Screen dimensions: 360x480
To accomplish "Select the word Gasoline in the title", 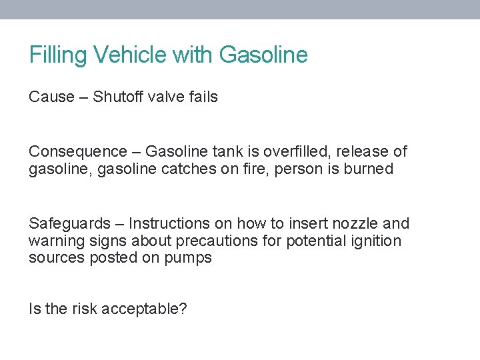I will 263,55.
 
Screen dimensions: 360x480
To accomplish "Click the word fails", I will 203,97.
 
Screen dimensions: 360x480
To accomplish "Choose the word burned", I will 369,169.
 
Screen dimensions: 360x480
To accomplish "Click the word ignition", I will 378,241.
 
